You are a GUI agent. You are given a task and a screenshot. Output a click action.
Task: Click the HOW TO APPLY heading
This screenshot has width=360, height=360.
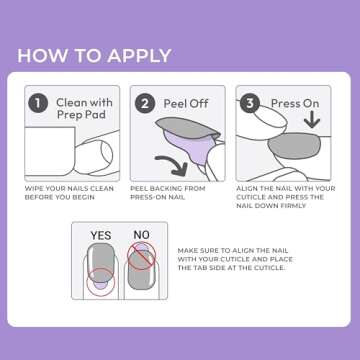pyautogui.click(x=94, y=55)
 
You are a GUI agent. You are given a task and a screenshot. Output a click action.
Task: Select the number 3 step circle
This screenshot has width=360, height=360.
pyautogui.click(x=249, y=102)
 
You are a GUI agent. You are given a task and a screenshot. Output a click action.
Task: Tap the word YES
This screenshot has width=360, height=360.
pyautogui.click(x=101, y=236)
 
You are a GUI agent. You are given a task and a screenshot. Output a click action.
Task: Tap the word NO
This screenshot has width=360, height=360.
pyautogui.click(x=141, y=236)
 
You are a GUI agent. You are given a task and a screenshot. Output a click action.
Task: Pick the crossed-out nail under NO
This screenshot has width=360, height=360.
pyautogui.click(x=141, y=270)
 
